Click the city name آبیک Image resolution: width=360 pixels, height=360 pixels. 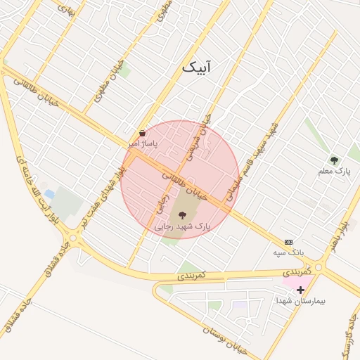pos(196,67)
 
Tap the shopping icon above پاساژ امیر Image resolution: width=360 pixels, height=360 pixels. pos(143,133)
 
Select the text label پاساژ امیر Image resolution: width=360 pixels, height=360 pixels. pos(143,143)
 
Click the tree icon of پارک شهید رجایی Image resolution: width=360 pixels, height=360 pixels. pos(183,215)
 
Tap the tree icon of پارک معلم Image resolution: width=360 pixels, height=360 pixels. pos(334,161)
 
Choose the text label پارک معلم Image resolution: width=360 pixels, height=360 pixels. pos(334,172)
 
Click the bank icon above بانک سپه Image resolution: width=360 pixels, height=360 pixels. pos(288,241)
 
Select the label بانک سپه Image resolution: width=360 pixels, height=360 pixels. pos(288,251)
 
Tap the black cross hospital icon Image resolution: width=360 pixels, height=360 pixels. pos(300,289)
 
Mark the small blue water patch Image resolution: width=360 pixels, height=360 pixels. pos(49,193)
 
